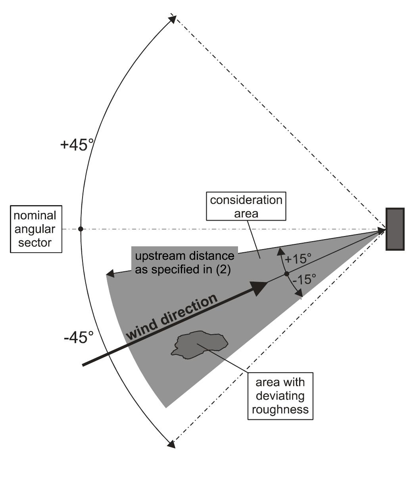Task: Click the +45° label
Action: pyautogui.click(x=77, y=145)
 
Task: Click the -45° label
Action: pyautogui.click(x=79, y=338)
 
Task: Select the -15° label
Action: pyautogui.click(x=303, y=280)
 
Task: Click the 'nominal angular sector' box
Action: pyautogui.click(x=35, y=229)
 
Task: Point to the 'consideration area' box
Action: pyautogui.click(x=246, y=206)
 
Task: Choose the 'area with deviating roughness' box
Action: pyautogui.click(x=280, y=396)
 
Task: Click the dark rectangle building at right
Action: pyautogui.click(x=396, y=229)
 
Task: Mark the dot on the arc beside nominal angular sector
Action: pyautogui.click(x=81, y=229)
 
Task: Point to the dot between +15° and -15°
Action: pyautogui.click(x=287, y=274)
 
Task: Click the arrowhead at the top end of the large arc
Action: pyautogui.click(x=173, y=18)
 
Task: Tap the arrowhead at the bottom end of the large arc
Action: pyautogui.click(x=171, y=444)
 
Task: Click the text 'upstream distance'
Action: pyautogui.click(x=184, y=256)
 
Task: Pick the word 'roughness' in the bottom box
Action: pyautogui.click(x=280, y=409)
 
